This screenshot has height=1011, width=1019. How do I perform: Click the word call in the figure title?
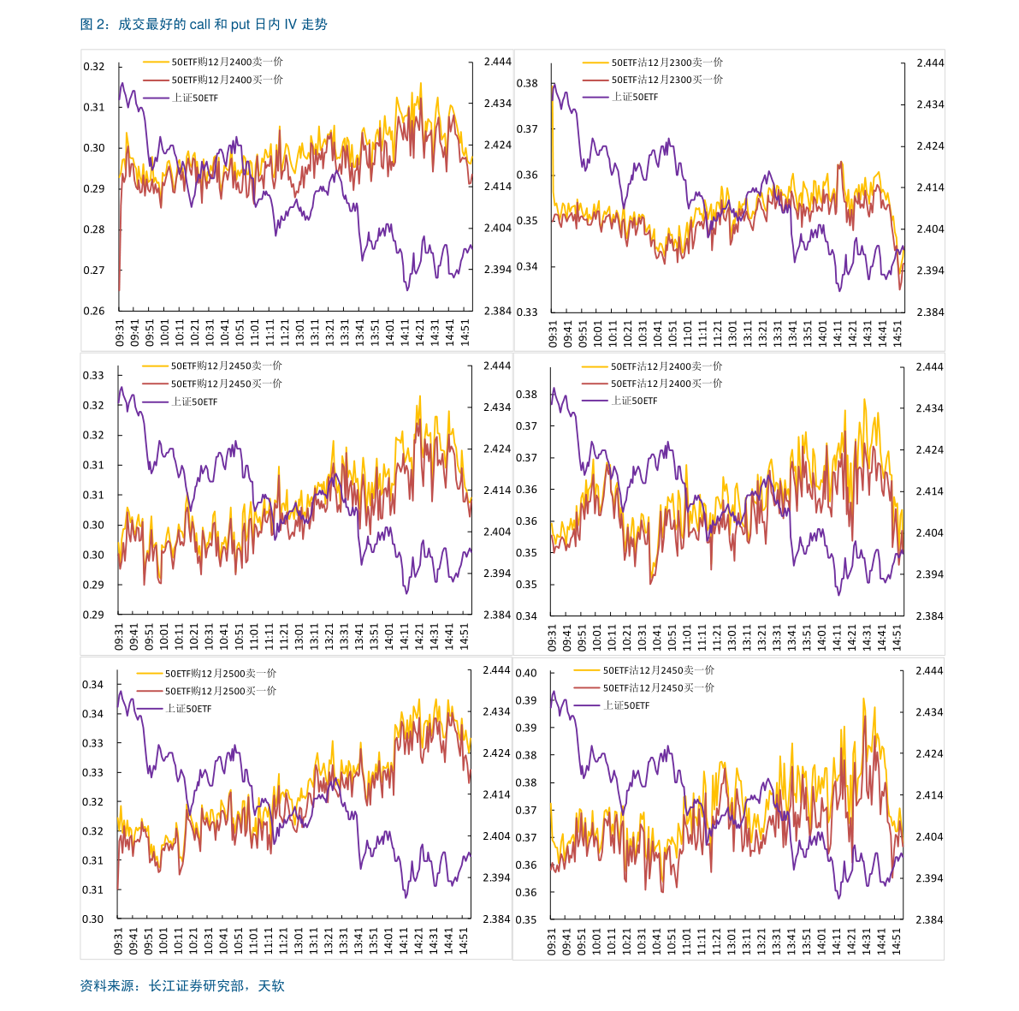199,25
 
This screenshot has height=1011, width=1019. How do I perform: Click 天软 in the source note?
271,986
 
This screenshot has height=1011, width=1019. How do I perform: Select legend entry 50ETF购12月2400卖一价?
227,62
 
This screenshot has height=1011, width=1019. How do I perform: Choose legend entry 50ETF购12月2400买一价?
227,80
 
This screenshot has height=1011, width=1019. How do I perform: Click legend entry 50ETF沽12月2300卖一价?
666,62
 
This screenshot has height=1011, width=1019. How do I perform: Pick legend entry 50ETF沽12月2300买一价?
666,80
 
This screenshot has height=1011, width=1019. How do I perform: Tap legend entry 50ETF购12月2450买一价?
226,384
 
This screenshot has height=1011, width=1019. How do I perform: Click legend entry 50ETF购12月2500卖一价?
220,674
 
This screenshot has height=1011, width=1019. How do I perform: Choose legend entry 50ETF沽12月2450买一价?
658,687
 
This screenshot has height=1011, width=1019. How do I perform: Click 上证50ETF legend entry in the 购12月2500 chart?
188,709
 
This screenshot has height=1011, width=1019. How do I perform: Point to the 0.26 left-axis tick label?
93,312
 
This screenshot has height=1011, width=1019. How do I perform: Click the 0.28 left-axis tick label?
93,229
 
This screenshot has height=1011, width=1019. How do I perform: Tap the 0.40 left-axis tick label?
526,673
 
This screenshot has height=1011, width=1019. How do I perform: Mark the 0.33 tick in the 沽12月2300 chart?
527,312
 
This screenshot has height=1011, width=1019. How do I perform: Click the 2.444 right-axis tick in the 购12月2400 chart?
497,62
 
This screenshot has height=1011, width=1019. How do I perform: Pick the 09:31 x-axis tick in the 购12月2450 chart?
120,637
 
